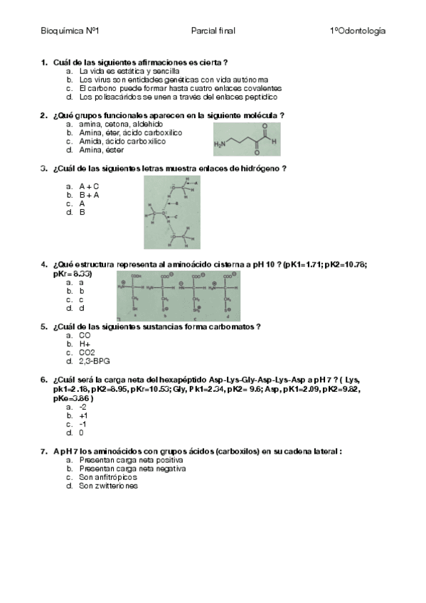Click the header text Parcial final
pos(213,31)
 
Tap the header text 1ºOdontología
pos(358,31)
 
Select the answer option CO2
pos(87,352)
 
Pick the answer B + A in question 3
pos(89,194)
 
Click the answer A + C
pos(89,185)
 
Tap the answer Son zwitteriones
pos(108,486)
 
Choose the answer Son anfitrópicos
pos(108,478)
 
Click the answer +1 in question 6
pos(83,415)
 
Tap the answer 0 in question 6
pos(81,432)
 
